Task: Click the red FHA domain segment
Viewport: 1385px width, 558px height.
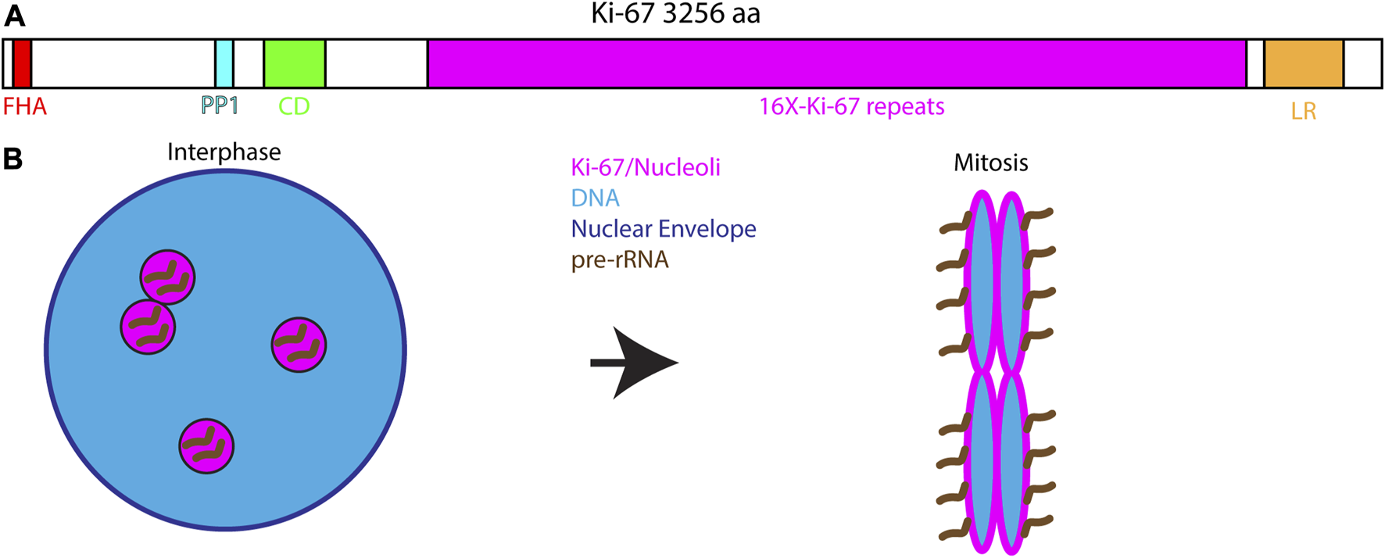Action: [x=22, y=63]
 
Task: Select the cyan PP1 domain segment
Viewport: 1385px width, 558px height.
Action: [x=224, y=63]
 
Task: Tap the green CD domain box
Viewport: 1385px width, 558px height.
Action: [x=295, y=63]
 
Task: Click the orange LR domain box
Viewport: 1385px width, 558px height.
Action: [x=1304, y=63]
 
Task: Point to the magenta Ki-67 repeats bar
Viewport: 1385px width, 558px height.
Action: [x=836, y=63]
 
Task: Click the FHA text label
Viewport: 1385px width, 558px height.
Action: [x=25, y=106]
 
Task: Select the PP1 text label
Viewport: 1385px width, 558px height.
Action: [x=220, y=106]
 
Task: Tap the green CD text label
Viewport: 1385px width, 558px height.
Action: [x=294, y=106]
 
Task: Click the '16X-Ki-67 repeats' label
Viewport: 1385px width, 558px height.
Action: [x=852, y=106]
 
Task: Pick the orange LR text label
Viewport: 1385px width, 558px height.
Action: [x=1304, y=112]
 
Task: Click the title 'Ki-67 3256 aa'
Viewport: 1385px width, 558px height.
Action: [x=675, y=14]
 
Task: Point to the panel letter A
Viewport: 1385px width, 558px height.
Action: [x=13, y=16]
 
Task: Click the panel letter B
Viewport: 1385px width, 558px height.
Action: [x=13, y=159]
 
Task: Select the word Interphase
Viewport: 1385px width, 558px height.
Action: [x=224, y=152]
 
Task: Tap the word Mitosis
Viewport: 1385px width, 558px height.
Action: [x=990, y=163]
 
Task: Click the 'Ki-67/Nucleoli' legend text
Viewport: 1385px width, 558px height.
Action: [x=646, y=167]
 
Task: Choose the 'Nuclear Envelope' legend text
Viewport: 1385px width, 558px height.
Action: [x=664, y=229]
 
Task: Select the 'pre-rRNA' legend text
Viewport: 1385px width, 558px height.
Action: [x=620, y=259]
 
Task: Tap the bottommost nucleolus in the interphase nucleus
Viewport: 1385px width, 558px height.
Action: [x=206, y=446]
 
